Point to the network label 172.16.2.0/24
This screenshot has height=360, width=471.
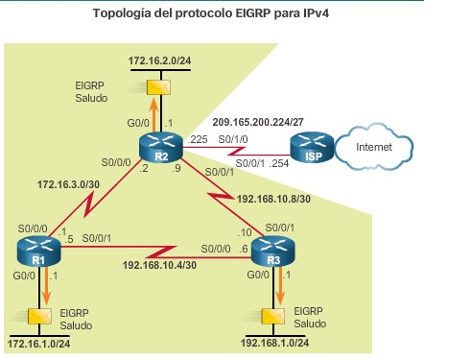(159, 61)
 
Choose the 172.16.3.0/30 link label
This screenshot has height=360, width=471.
(68, 180)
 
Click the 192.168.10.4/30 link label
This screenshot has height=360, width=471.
(160, 264)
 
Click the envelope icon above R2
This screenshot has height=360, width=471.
(154, 87)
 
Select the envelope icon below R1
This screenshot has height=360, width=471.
(40, 316)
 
